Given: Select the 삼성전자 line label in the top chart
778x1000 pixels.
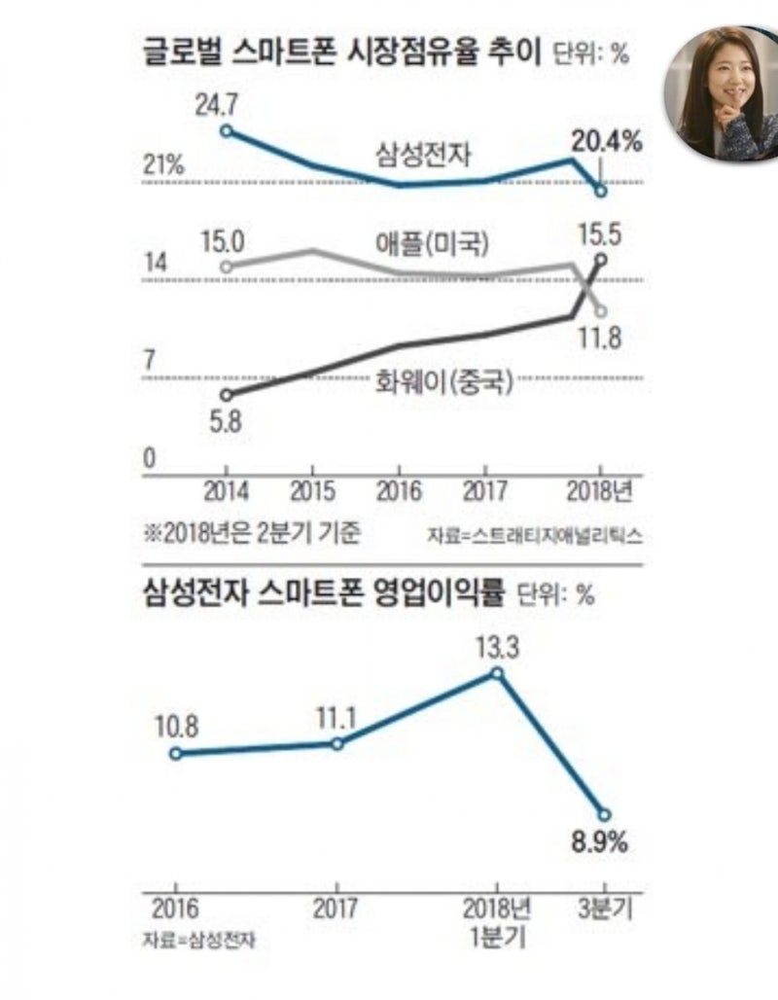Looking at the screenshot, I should point(425,153).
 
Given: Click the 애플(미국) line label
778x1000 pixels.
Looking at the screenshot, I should point(432,243).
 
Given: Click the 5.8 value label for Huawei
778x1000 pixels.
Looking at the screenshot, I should point(225,424).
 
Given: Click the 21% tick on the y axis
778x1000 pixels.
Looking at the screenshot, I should point(163,164).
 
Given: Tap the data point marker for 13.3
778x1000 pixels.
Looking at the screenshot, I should point(498,673).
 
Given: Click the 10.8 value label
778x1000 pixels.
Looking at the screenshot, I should point(175,726).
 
